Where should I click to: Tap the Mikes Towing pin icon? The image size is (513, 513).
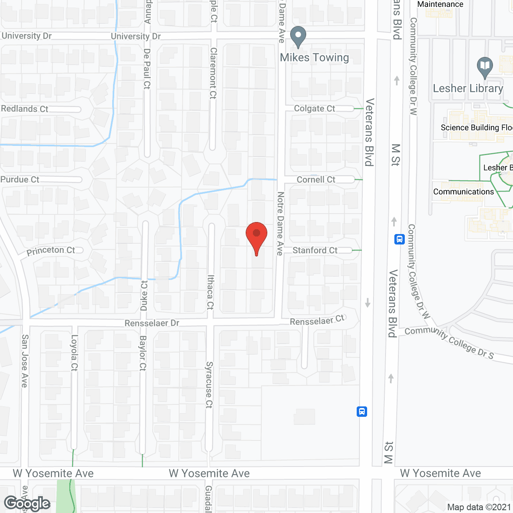pyautogui.click(x=298, y=36)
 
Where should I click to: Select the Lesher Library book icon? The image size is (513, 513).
pyautogui.click(x=485, y=67)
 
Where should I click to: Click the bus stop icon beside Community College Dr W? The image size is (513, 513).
pyautogui.click(x=399, y=239)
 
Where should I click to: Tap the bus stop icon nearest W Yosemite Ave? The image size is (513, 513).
pyautogui.click(x=362, y=412)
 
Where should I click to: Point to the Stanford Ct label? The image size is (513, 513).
pyautogui.click(x=315, y=250)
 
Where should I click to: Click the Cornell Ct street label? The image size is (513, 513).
pyautogui.click(x=316, y=180)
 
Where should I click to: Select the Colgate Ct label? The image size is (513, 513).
pyautogui.click(x=314, y=109)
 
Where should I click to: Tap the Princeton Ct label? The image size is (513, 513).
pyautogui.click(x=51, y=251)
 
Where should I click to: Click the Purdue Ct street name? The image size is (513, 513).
pyautogui.click(x=20, y=180)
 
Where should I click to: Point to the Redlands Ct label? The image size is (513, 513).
pyautogui.click(x=24, y=109)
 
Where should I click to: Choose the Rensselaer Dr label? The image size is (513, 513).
pyautogui.click(x=152, y=323)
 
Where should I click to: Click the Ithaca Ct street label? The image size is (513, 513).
pyautogui.click(x=210, y=292)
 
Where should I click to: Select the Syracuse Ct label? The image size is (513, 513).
pyautogui.click(x=209, y=385)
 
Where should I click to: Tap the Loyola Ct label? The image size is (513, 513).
pyautogui.click(x=74, y=353)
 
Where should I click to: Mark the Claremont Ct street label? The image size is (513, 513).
pyautogui.click(x=213, y=73)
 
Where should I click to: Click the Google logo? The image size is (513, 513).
pyautogui.click(x=27, y=503)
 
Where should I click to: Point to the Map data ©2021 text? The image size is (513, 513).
pyautogui.click(x=479, y=507)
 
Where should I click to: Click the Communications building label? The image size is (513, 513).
pyautogui.click(x=463, y=192)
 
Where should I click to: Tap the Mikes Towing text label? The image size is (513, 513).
pyautogui.click(x=314, y=58)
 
